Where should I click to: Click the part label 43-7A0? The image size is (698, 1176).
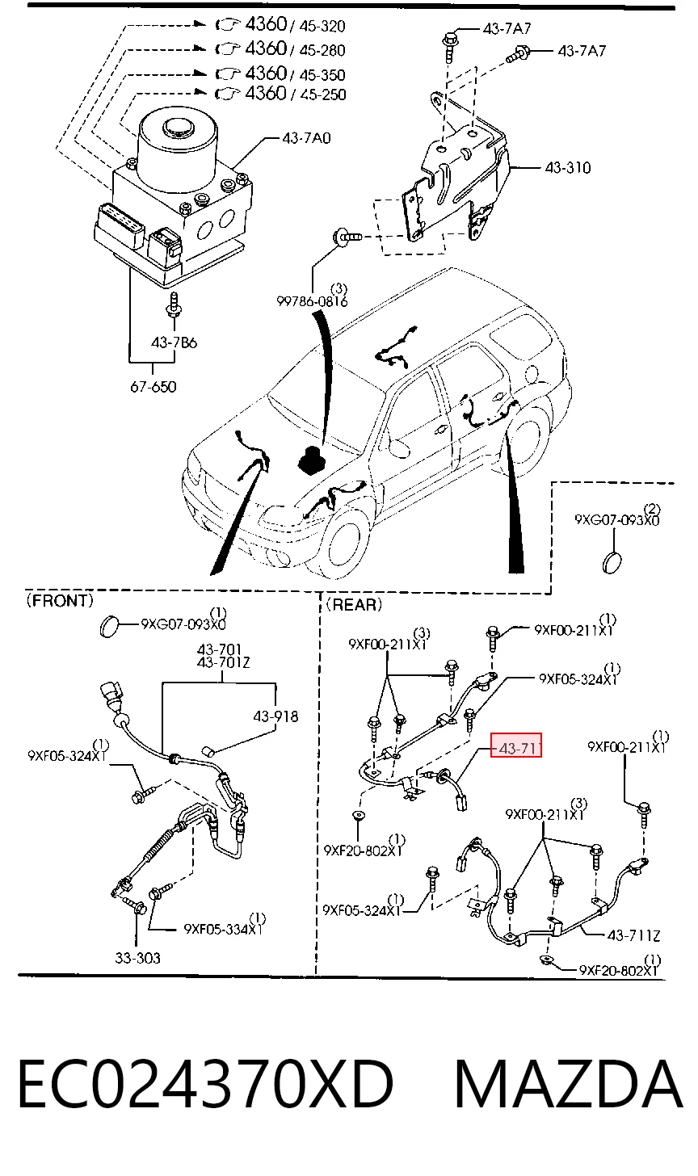[306, 138]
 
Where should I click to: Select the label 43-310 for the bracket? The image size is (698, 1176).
[568, 167]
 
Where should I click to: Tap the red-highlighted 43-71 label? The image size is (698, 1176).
[515, 745]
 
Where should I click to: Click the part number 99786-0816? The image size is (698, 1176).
[312, 301]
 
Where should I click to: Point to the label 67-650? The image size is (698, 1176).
[153, 387]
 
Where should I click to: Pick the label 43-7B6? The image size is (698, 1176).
[174, 342]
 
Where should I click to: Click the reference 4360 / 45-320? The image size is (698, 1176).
[280, 25]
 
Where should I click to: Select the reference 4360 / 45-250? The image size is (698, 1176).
[280, 94]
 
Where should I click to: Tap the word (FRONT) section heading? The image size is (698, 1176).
[60, 600]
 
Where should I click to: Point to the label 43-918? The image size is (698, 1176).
[275, 716]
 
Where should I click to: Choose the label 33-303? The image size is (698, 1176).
[137, 958]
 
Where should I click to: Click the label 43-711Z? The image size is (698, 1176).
[633, 935]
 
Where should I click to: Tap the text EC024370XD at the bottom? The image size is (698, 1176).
[205, 1084]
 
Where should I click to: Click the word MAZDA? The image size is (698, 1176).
[568, 1084]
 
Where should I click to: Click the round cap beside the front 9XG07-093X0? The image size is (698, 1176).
[109, 626]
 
